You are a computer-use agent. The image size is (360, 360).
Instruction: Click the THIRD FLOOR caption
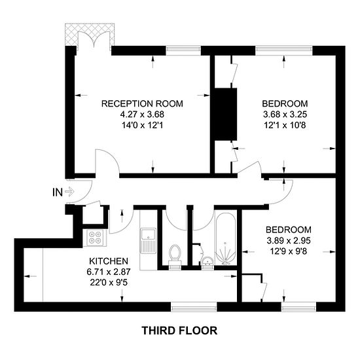tap(179, 331)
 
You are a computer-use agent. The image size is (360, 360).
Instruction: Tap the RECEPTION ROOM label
tap(142, 104)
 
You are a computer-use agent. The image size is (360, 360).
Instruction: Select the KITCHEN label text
tap(109, 261)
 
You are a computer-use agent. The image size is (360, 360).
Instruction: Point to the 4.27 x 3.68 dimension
tap(142, 115)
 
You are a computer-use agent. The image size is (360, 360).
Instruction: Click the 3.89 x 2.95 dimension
tap(289, 241)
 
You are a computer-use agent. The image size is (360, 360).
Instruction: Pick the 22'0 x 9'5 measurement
tap(109, 283)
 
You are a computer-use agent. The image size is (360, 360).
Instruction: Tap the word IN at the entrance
tap(58, 192)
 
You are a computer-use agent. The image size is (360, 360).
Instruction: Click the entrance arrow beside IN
tap(69, 192)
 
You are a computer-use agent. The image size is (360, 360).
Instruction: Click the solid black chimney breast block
tap(225, 114)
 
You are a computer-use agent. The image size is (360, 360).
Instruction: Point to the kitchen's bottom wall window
tap(194, 307)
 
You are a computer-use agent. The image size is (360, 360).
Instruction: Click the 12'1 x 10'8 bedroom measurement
tap(285, 126)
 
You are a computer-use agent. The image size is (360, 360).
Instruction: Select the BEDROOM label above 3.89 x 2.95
tap(289, 230)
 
